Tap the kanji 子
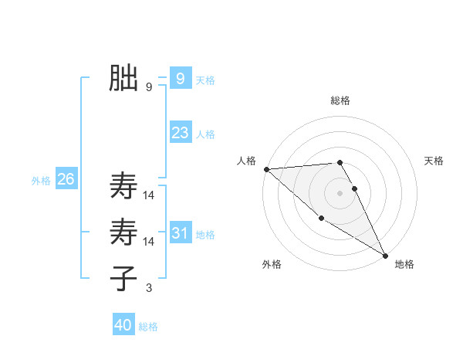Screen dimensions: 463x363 [x=123, y=278]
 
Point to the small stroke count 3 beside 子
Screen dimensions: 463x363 [x=149, y=288]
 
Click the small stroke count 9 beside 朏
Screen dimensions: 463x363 [x=149, y=87]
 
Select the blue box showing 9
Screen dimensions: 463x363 [x=180, y=78]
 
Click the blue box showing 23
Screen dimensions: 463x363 [x=180, y=133]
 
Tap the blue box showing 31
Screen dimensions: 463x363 [x=180, y=232]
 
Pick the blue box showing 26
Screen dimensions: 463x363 [x=66, y=179]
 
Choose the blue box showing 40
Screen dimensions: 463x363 [x=123, y=325]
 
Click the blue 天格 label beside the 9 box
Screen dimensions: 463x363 [x=205, y=80]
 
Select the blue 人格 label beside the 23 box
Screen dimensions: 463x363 [x=205, y=134]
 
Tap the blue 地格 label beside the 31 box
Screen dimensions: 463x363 [x=205, y=235]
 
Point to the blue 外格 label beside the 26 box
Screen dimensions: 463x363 [x=41, y=181]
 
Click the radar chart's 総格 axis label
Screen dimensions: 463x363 [x=340, y=100]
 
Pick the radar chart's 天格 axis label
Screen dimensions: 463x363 [x=434, y=161]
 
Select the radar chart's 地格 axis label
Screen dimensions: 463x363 [x=404, y=264]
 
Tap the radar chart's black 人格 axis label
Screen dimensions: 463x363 [x=246, y=161]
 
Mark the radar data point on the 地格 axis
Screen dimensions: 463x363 [x=384, y=254]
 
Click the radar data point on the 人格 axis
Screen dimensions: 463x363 [x=266, y=169]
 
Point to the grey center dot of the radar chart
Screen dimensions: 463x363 [x=340, y=193]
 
